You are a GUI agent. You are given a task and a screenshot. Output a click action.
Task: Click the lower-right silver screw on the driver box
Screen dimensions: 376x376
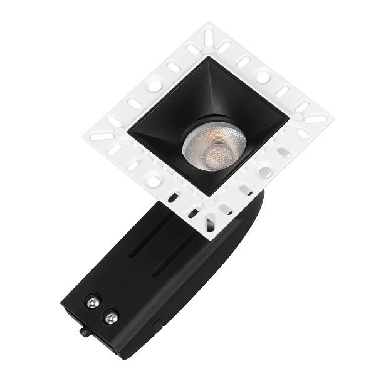click(112, 319)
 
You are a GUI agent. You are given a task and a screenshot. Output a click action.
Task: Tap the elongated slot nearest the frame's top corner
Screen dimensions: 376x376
click(208, 38)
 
